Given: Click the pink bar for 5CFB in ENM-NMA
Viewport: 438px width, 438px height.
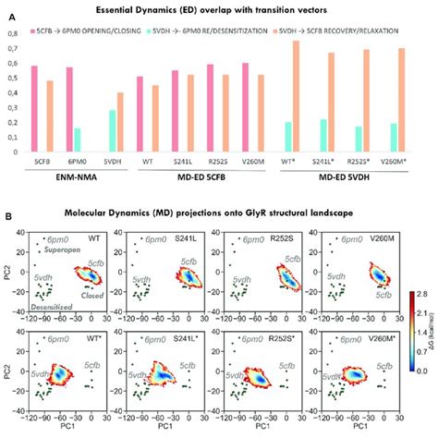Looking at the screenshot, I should (35, 109).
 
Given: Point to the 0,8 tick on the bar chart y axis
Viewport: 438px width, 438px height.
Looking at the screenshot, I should (12, 34).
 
